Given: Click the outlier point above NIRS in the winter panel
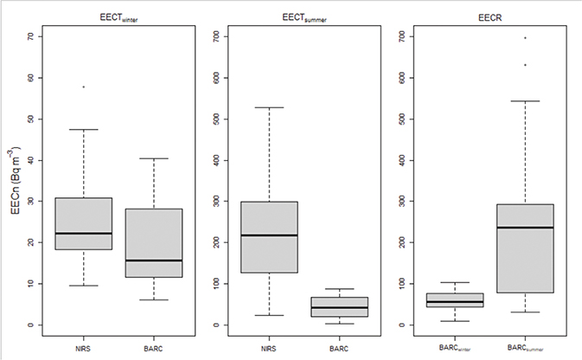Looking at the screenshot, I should pyautogui.click(x=84, y=87).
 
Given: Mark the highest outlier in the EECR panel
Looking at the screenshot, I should pyautogui.click(x=525, y=38).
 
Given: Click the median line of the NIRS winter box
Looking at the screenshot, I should pyautogui.click(x=84, y=234).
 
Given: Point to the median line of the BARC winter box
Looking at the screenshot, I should pyautogui.click(x=154, y=260).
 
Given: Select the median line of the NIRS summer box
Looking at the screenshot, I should pyautogui.click(x=268, y=235).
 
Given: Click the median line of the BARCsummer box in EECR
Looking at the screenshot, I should pyautogui.click(x=525, y=228).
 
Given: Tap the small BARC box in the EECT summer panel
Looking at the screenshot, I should pyautogui.click(x=339, y=306).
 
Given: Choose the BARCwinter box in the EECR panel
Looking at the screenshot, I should pyautogui.click(x=454, y=299).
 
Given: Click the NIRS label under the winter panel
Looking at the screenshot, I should pyautogui.click(x=84, y=346).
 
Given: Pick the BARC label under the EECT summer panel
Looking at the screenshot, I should pyautogui.click(x=339, y=346).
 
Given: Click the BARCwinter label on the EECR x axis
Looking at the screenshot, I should pyautogui.click(x=454, y=346).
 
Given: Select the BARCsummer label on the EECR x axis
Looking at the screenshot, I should pyautogui.click(x=525, y=346).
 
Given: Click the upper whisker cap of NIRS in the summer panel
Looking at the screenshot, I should pyautogui.click(x=268, y=107).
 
